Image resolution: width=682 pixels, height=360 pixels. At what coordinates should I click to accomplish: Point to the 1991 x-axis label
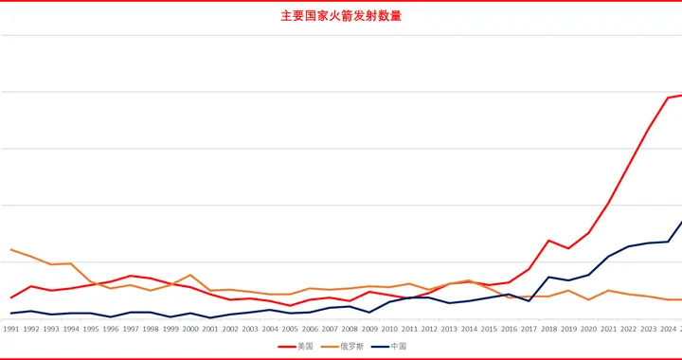click(x=11, y=329)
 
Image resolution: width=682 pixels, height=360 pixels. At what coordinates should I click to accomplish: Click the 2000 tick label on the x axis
click(x=190, y=329)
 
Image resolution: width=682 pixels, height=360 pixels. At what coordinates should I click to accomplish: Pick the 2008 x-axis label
click(x=350, y=329)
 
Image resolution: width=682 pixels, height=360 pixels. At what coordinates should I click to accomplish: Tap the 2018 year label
click(x=548, y=329)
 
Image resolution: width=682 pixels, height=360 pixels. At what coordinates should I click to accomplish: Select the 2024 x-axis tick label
click(x=668, y=329)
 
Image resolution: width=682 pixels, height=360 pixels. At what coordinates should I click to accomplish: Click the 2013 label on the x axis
click(x=449, y=329)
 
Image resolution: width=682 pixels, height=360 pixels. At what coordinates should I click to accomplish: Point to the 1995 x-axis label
click(x=91, y=329)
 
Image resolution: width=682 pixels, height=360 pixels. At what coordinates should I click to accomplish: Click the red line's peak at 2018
click(x=548, y=241)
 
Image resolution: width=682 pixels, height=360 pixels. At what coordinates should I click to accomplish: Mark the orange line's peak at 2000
click(x=190, y=275)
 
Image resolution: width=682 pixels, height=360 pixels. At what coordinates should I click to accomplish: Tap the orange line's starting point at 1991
click(x=11, y=250)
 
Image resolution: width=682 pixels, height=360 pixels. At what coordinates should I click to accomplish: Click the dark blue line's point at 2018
click(x=548, y=277)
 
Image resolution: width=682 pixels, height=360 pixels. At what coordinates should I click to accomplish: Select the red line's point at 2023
click(x=648, y=129)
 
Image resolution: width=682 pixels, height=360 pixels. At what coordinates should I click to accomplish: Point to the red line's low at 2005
click(x=290, y=305)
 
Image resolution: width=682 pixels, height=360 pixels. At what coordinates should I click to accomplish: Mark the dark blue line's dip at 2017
click(x=529, y=300)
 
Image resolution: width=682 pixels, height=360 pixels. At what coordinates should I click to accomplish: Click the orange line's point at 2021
click(x=608, y=290)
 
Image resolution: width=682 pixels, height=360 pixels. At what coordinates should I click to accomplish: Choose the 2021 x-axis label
click(x=608, y=329)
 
